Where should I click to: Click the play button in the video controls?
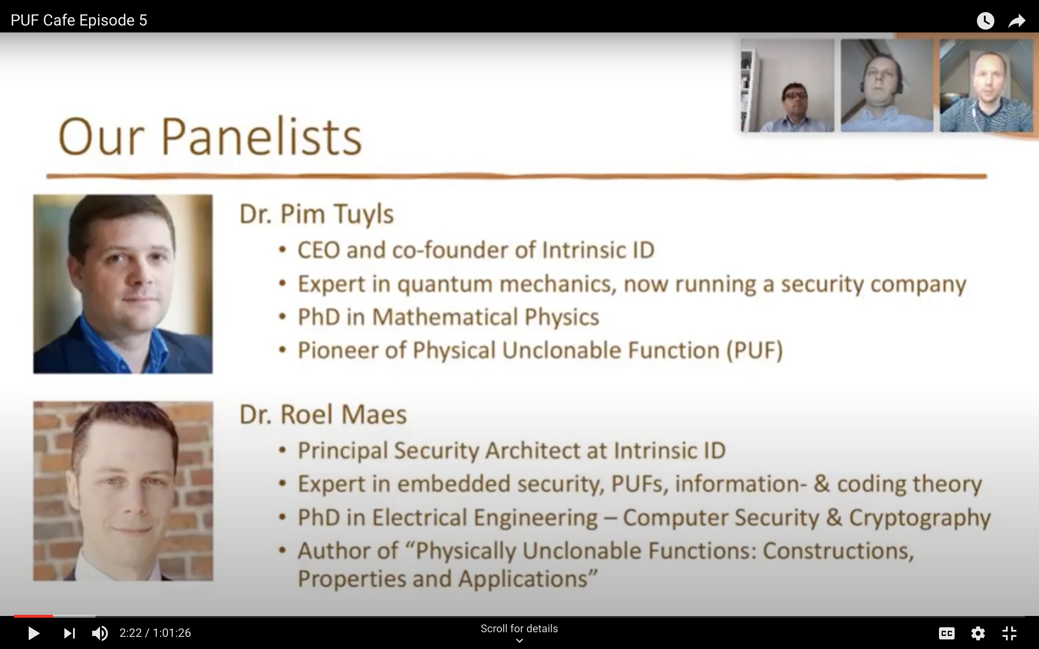(34, 633)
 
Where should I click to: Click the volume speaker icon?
(100, 633)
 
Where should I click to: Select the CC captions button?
(947, 633)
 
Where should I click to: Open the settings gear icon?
(978, 633)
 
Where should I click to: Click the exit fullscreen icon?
(1009, 633)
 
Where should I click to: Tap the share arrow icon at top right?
(1017, 21)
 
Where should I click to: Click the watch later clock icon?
(985, 21)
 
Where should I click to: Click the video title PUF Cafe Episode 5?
(79, 20)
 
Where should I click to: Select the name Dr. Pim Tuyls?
(316, 214)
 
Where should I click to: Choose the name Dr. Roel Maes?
(323, 414)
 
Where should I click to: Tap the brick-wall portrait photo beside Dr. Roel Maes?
(123, 491)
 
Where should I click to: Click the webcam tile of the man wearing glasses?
(787, 85)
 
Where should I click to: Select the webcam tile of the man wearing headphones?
(887, 85)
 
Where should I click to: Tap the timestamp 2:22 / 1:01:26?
(155, 633)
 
